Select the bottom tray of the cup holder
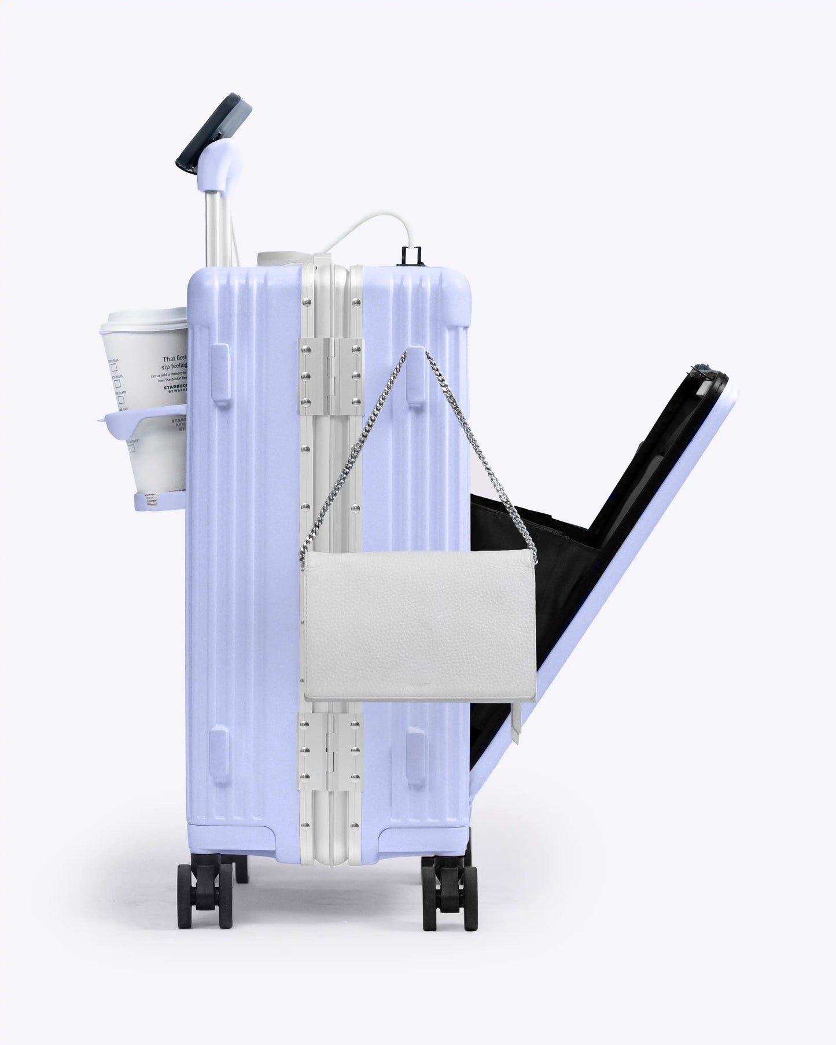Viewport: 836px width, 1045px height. (x=156, y=501)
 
